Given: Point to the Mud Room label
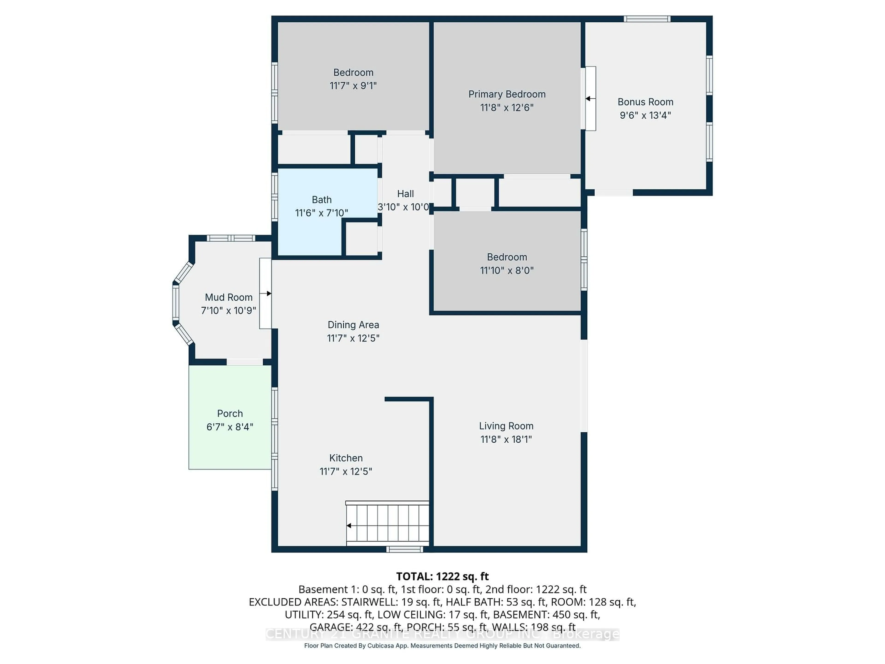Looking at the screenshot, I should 228,297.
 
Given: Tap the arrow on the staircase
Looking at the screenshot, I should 349,525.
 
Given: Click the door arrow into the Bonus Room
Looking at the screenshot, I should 589,98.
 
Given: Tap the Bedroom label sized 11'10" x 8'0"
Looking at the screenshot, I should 507,257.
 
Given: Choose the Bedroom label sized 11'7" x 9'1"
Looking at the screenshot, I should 353,72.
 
